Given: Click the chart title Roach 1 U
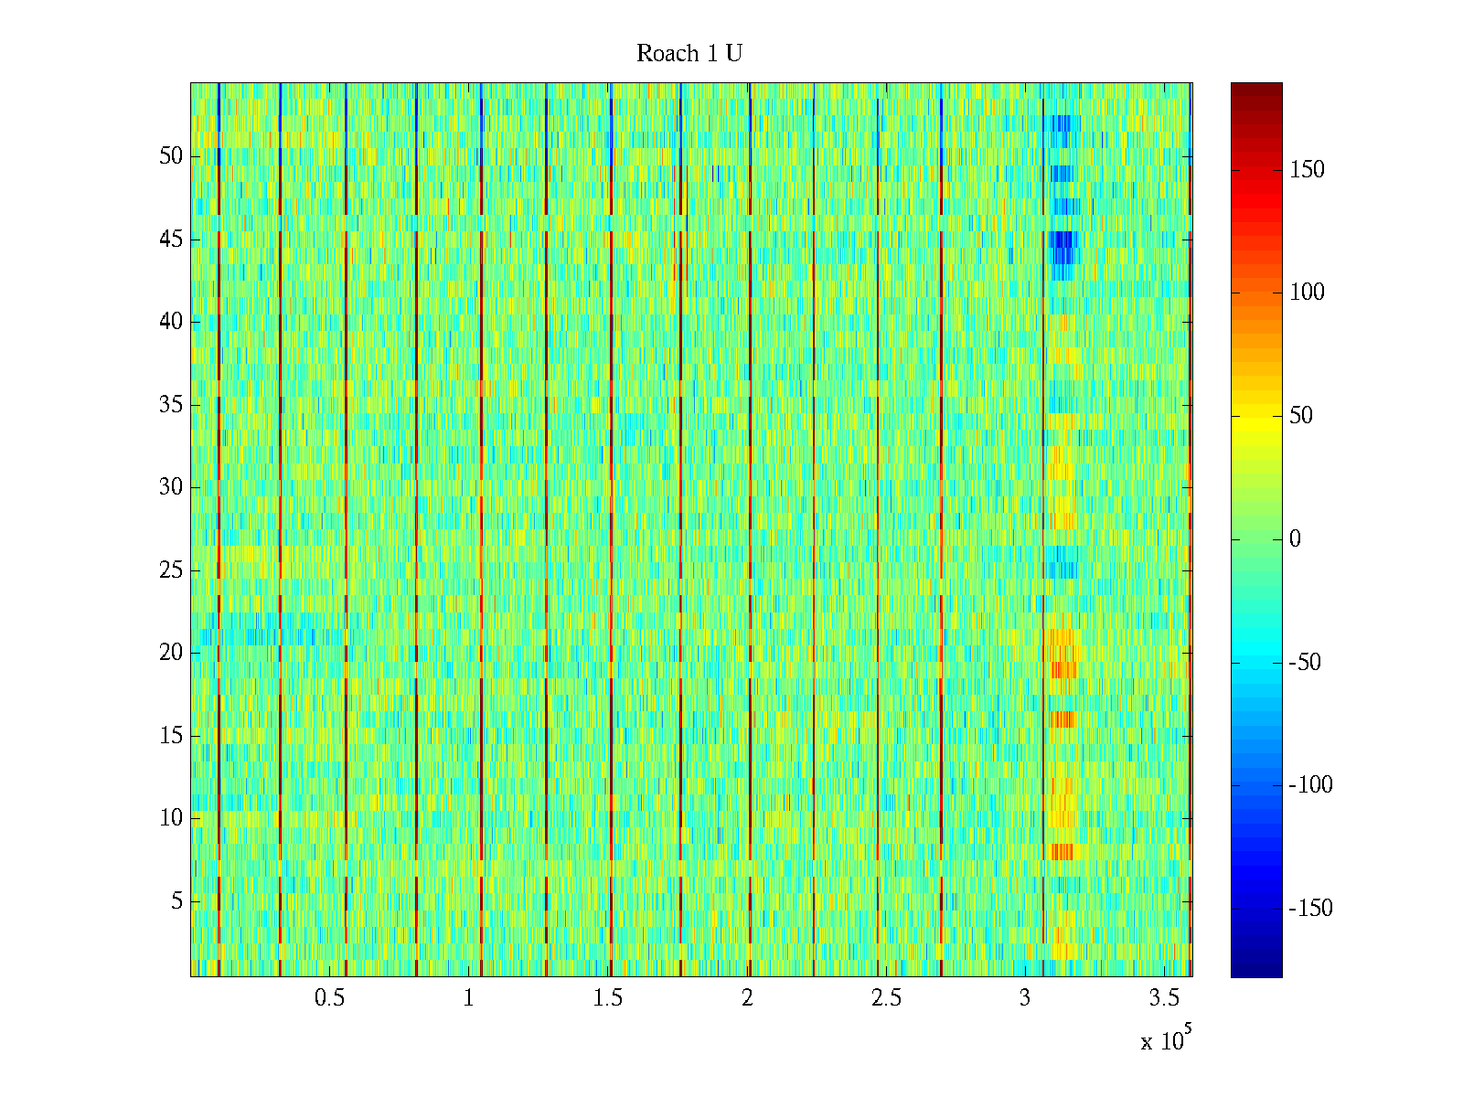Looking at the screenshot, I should [x=689, y=54].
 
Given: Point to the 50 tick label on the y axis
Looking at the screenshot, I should [x=171, y=156].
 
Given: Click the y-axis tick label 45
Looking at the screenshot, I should [x=171, y=240].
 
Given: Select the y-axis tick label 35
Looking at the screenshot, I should [x=171, y=405].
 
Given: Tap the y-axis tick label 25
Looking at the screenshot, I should [x=171, y=570].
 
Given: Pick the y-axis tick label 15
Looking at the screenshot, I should [x=171, y=736].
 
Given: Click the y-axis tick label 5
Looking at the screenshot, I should [x=176, y=901].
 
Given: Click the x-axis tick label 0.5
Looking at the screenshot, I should [x=329, y=998].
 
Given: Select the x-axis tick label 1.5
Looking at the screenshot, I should [x=608, y=998].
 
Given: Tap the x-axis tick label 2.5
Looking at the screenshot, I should [x=886, y=998].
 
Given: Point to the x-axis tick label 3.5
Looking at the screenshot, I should [x=1164, y=998].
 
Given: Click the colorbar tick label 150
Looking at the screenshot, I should [x=1307, y=170].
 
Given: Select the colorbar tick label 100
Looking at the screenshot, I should [x=1307, y=293].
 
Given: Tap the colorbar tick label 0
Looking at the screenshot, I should [x=1295, y=539].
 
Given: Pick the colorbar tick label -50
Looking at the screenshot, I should [x=1305, y=663].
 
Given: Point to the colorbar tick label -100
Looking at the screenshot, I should [x=1310, y=785].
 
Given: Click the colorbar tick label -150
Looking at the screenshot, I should [x=1310, y=909].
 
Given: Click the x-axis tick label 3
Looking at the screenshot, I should [x=1025, y=998].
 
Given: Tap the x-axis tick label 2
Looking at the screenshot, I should [x=747, y=998].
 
